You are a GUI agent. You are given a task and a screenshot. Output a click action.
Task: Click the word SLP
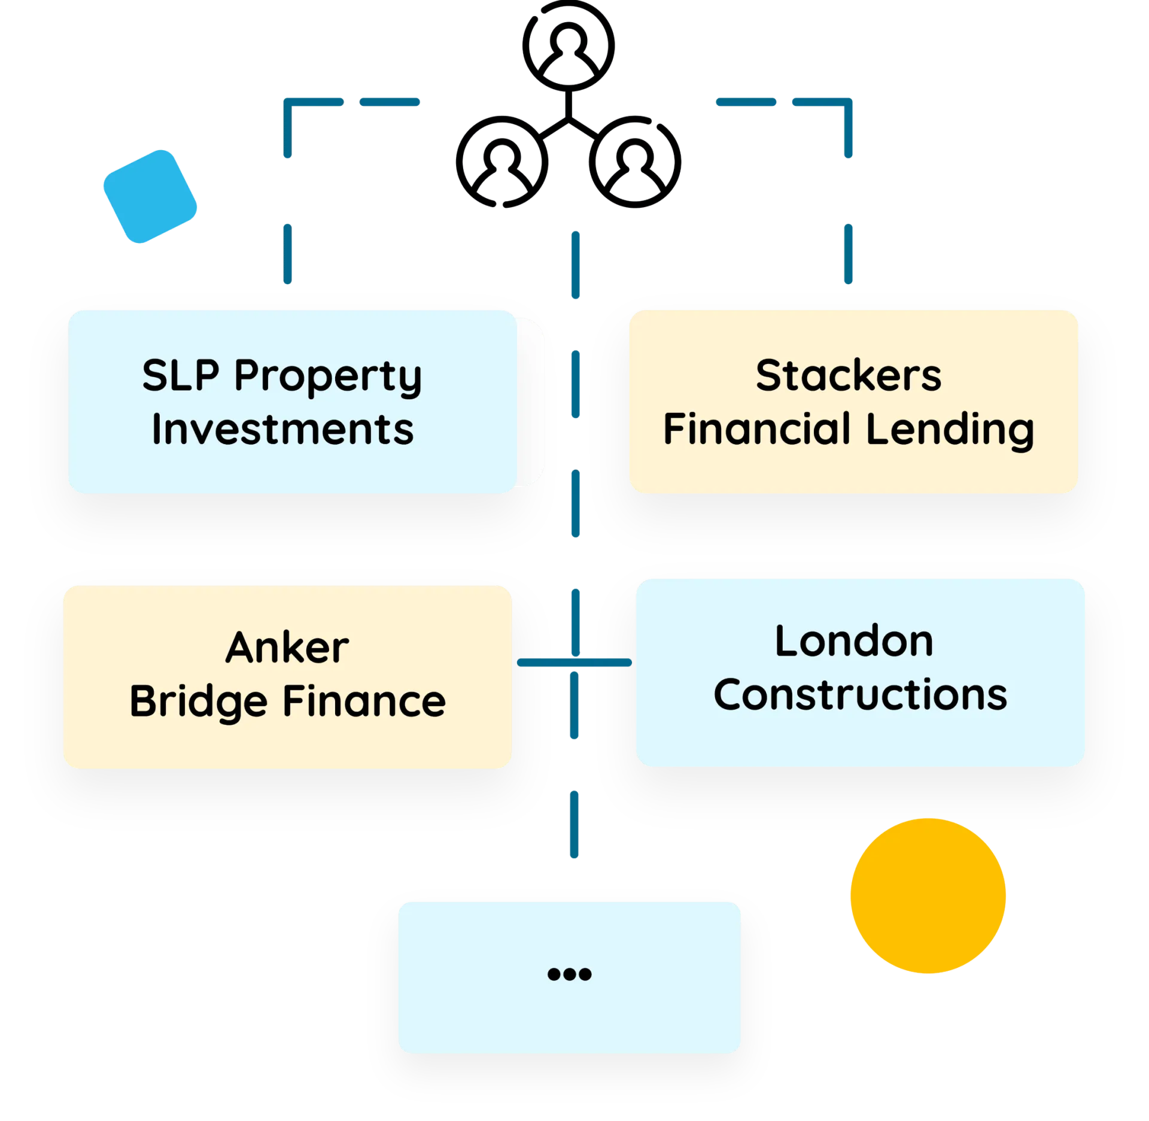(x=181, y=376)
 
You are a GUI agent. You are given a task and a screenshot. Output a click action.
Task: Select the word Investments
(x=283, y=429)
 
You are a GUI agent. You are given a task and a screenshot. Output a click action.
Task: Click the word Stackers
(x=848, y=376)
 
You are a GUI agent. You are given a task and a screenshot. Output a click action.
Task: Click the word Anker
(x=287, y=648)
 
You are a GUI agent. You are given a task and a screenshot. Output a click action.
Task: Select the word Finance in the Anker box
(x=364, y=701)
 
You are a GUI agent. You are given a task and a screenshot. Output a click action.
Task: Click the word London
(x=854, y=642)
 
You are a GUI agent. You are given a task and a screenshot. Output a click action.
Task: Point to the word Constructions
(x=861, y=695)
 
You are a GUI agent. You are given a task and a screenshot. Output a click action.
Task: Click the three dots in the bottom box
(x=569, y=974)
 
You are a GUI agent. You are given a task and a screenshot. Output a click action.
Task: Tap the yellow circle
(x=928, y=896)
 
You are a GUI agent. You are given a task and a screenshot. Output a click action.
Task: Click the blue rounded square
(x=150, y=197)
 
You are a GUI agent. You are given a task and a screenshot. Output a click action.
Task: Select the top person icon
(x=569, y=46)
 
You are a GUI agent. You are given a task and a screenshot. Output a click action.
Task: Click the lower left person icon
(x=501, y=162)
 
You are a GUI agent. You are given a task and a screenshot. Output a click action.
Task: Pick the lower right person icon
(x=635, y=162)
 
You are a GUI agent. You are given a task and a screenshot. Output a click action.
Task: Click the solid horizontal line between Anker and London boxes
(x=574, y=663)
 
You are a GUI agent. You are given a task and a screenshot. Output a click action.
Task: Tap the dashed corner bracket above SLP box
(x=288, y=102)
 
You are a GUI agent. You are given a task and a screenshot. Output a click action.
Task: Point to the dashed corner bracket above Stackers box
(x=848, y=102)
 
